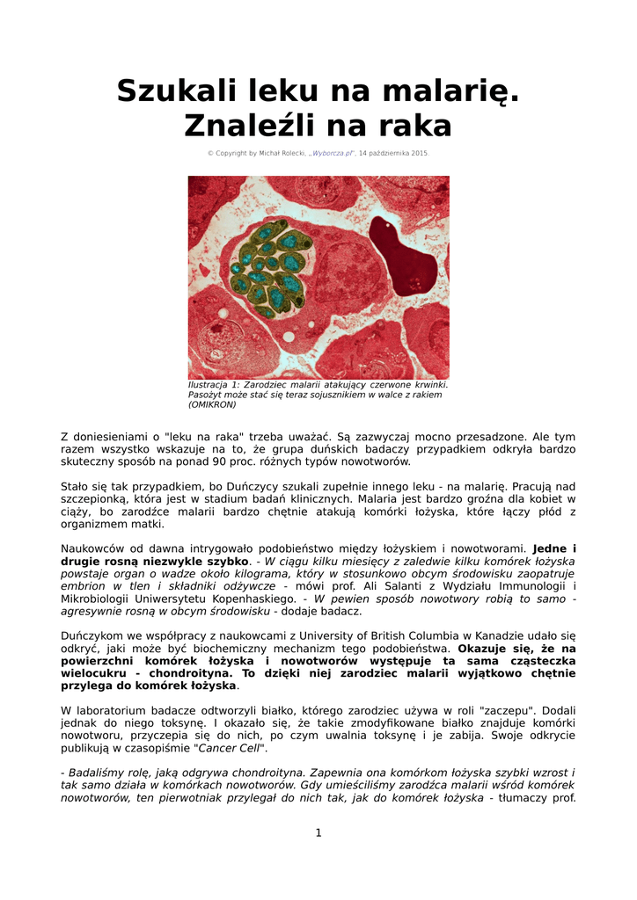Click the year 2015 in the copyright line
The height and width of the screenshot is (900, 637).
419,153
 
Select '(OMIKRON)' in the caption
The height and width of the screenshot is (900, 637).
212,405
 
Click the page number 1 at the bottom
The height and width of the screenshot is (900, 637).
318,833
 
